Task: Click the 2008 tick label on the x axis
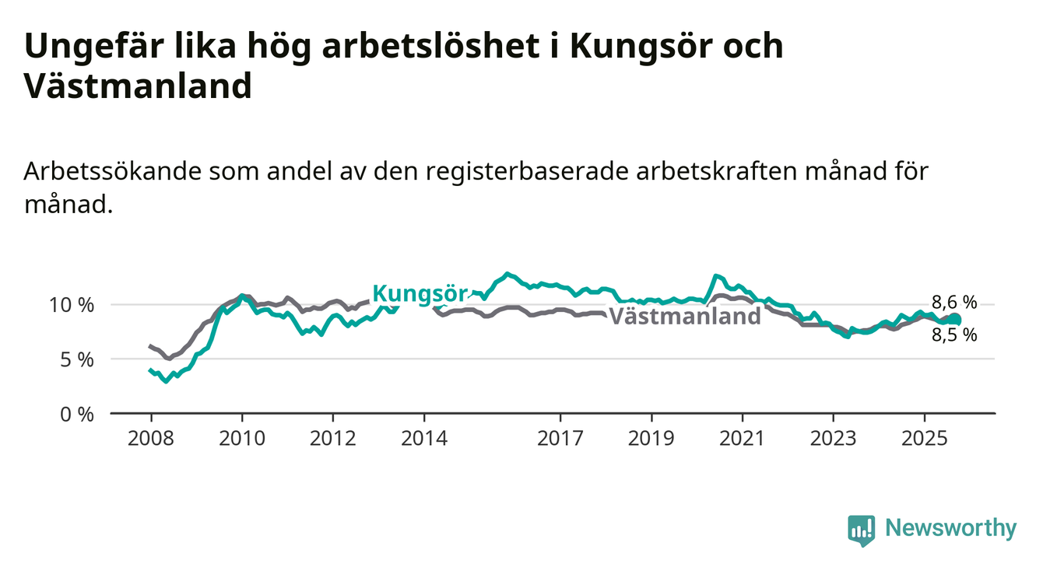(150, 439)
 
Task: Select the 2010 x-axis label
(241, 439)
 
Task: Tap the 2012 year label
(332, 439)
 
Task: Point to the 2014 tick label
(423, 439)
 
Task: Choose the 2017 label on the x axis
(560, 439)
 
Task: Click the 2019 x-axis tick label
(651, 439)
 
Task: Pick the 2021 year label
(743, 439)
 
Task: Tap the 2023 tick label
(834, 439)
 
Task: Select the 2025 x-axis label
(925, 439)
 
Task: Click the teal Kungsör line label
(420, 293)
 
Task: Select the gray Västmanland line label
(684, 317)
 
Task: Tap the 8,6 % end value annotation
(954, 303)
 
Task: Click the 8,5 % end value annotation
(954, 335)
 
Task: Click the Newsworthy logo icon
(861, 531)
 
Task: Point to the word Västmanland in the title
(138, 86)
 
